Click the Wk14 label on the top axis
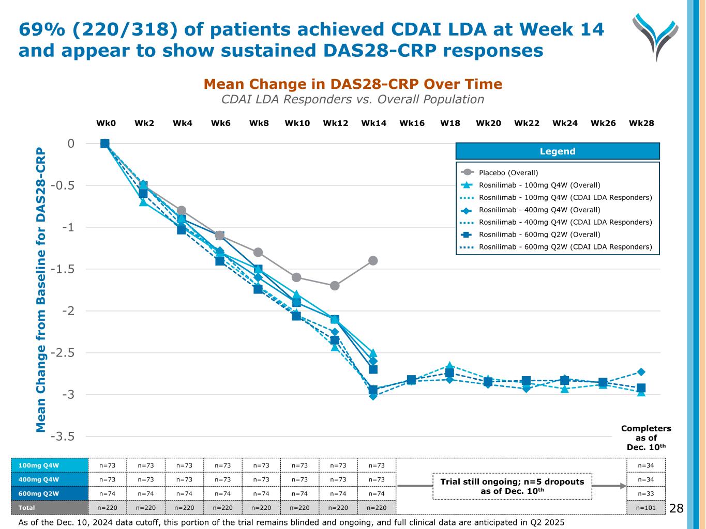coord(373,123)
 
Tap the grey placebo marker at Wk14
coord(373,260)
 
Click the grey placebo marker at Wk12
coord(335,286)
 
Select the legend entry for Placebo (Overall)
coord(508,173)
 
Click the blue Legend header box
coord(557,151)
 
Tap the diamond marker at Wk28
coord(641,372)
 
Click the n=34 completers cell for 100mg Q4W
coord(645,465)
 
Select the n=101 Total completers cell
coord(645,508)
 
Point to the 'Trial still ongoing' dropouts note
coord(512,486)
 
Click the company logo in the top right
coord(655,36)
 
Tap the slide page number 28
coord(676,509)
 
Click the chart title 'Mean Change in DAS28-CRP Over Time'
coord(353,84)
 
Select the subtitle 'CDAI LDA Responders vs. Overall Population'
coord(353,99)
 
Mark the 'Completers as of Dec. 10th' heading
coord(645,438)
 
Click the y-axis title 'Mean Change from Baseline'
coord(41,289)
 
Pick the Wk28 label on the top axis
coord(641,123)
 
